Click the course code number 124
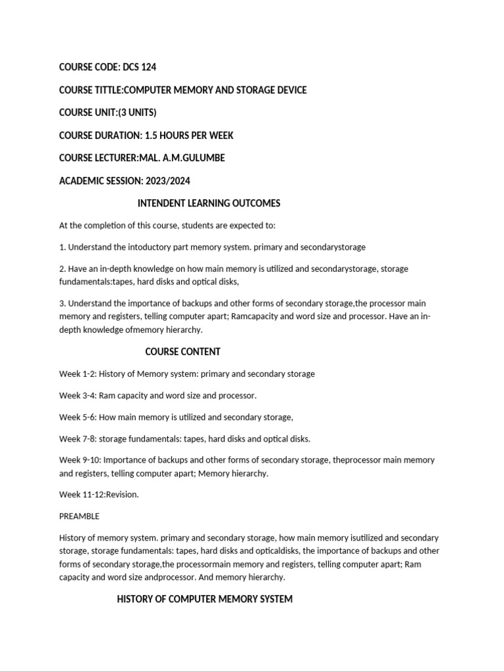148,67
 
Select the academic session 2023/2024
167,181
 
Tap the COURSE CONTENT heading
182,351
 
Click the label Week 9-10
79,460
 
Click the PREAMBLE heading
79,516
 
